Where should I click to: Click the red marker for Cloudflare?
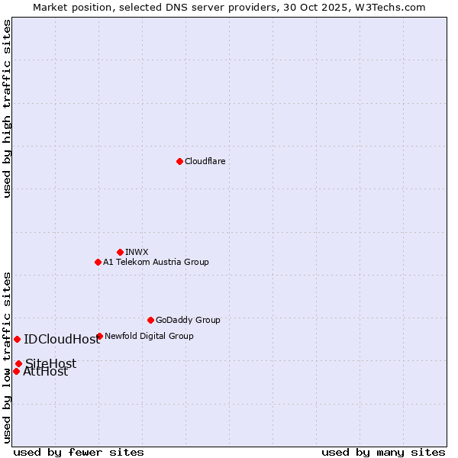click(179, 161)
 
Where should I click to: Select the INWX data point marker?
click(120, 252)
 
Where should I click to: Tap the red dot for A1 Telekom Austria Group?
click(98, 262)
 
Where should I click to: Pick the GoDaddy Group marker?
click(150, 320)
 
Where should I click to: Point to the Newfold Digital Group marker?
click(99, 336)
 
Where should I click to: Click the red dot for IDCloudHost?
click(17, 339)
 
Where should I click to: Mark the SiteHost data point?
click(18, 363)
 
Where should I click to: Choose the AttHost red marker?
click(16, 371)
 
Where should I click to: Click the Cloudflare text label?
click(205, 161)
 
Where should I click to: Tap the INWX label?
click(137, 252)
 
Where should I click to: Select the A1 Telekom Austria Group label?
click(156, 262)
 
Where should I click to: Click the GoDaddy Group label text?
click(188, 320)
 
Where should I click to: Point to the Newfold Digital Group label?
click(149, 336)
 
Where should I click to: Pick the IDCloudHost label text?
click(62, 340)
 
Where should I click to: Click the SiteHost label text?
click(51, 363)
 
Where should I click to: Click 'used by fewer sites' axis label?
click(79, 452)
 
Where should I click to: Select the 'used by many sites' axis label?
click(383, 452)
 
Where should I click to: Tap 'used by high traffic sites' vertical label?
click(8, 108)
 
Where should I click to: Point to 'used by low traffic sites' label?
click(8, 357)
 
